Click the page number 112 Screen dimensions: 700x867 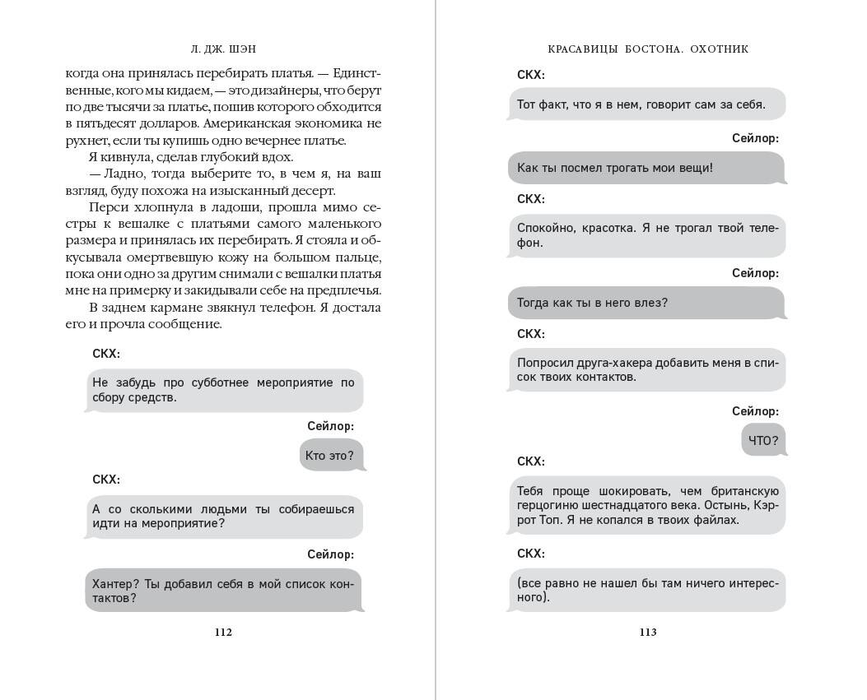[x=223, y=632]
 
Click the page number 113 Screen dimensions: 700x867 [x=647, y=632]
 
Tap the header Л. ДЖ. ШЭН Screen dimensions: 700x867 [x=223, y=49]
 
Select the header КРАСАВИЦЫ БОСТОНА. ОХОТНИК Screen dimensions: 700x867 [x=647, y=49]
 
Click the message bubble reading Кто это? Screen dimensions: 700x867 [x=331, y=455]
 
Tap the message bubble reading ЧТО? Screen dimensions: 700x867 [x=763, y=440]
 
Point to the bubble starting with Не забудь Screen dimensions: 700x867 [x=224, y=390]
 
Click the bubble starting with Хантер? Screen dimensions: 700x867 [x=224, y=591]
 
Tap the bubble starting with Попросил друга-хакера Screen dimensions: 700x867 [x=646, y=369]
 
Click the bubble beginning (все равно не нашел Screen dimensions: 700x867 [x=646, y=590]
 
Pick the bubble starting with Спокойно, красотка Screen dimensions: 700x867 [x=646, y=235]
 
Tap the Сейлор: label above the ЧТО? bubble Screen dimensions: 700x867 [x=755, y=411]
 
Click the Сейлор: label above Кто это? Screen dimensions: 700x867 [x=330, y=426]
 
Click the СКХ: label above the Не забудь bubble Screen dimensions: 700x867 [x=106, y=354]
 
